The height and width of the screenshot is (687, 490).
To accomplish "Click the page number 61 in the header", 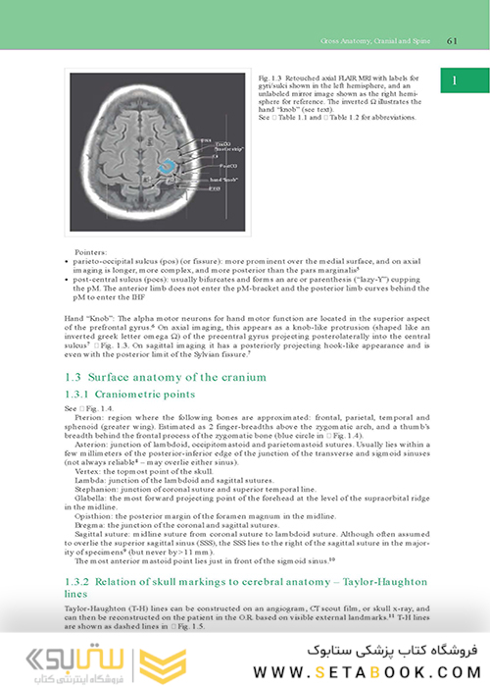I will click(x=452, y=40).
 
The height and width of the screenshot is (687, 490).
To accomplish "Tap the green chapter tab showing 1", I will click(x=457, y=82).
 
